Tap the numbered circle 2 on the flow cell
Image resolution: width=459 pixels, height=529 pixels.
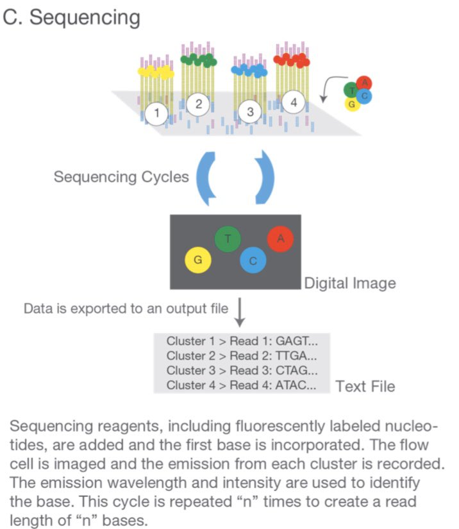199,103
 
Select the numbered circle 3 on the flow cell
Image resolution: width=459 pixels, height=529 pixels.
251,112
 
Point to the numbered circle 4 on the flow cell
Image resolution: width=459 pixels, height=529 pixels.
293,102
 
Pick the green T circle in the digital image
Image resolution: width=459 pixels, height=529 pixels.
228,239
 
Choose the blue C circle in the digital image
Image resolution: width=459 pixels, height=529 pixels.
253,260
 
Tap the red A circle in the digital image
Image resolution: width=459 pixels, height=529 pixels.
280,239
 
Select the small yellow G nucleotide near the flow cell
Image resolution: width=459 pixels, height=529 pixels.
351,105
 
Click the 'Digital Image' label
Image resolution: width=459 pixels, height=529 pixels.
349,282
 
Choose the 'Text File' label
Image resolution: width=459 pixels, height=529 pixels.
365,386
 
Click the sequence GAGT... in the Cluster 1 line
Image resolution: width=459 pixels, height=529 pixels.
301,340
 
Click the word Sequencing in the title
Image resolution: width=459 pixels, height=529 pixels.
85,17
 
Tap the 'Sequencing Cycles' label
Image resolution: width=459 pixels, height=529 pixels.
121,176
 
